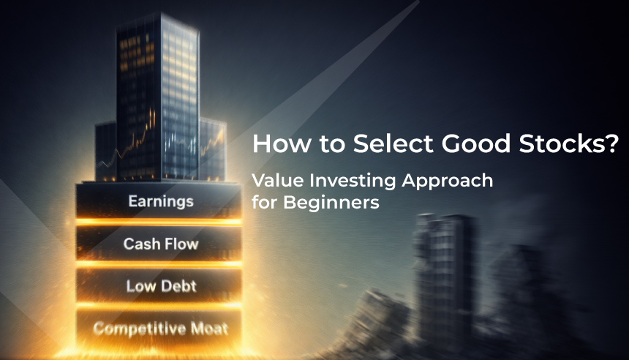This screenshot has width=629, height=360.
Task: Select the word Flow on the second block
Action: point(180,243)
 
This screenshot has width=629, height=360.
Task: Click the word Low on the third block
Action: point(140,285)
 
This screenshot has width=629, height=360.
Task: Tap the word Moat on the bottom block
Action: point(207,328)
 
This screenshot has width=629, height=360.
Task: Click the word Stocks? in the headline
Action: point(576,143)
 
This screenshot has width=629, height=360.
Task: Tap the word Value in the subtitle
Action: point(274,180)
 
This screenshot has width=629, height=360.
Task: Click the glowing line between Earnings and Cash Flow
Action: point(159,221)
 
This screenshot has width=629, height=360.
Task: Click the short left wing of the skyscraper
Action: point(106,150)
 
